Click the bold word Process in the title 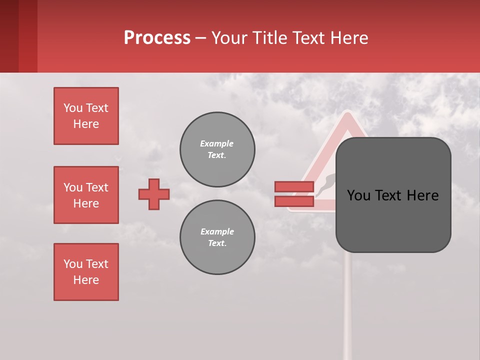(157, 38)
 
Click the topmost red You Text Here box (86, 116)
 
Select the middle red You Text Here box (86, 195)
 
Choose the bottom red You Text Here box (86, 272)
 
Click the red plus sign (154, 194)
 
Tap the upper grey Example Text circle (217, 149)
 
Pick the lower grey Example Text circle (217, 237)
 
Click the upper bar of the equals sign (294, 187)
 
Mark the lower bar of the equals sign (294, 201)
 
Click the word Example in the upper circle (217, 143)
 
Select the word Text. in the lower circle (217, 243)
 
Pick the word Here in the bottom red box (86, 280)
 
